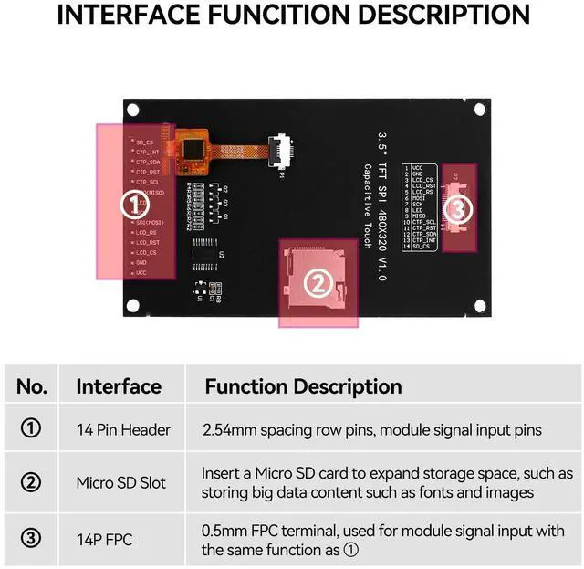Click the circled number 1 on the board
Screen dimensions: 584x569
pyautogui.click(x=130, y=204)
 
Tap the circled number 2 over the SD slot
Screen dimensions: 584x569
pyautogui.click(x=317, y=284)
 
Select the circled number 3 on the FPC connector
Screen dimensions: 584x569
pyautogui.click(x=459, y=209)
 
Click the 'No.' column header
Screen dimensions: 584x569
pyautogui.click(x=32, y=386)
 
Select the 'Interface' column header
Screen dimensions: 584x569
pyautogui.click(x=118, y=386)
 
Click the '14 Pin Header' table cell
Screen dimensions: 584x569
pyautogui.click(x=123, y=429)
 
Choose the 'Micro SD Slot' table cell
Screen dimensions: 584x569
pyautogui.click(x=121, y=483)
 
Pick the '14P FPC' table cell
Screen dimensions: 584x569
pyautogui.click(x=104, y=539)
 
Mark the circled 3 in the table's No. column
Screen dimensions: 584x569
pyautogui.click(x=31, y=539)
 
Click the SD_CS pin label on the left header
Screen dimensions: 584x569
pyautogui.click(x=144, y=142)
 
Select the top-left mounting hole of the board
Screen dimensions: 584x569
pyautogui.click(x=134, y=111)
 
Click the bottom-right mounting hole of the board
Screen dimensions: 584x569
pyautogui.click(x=475, y=306)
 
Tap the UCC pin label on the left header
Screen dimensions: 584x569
pyautogui.click(x=141, y=273)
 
